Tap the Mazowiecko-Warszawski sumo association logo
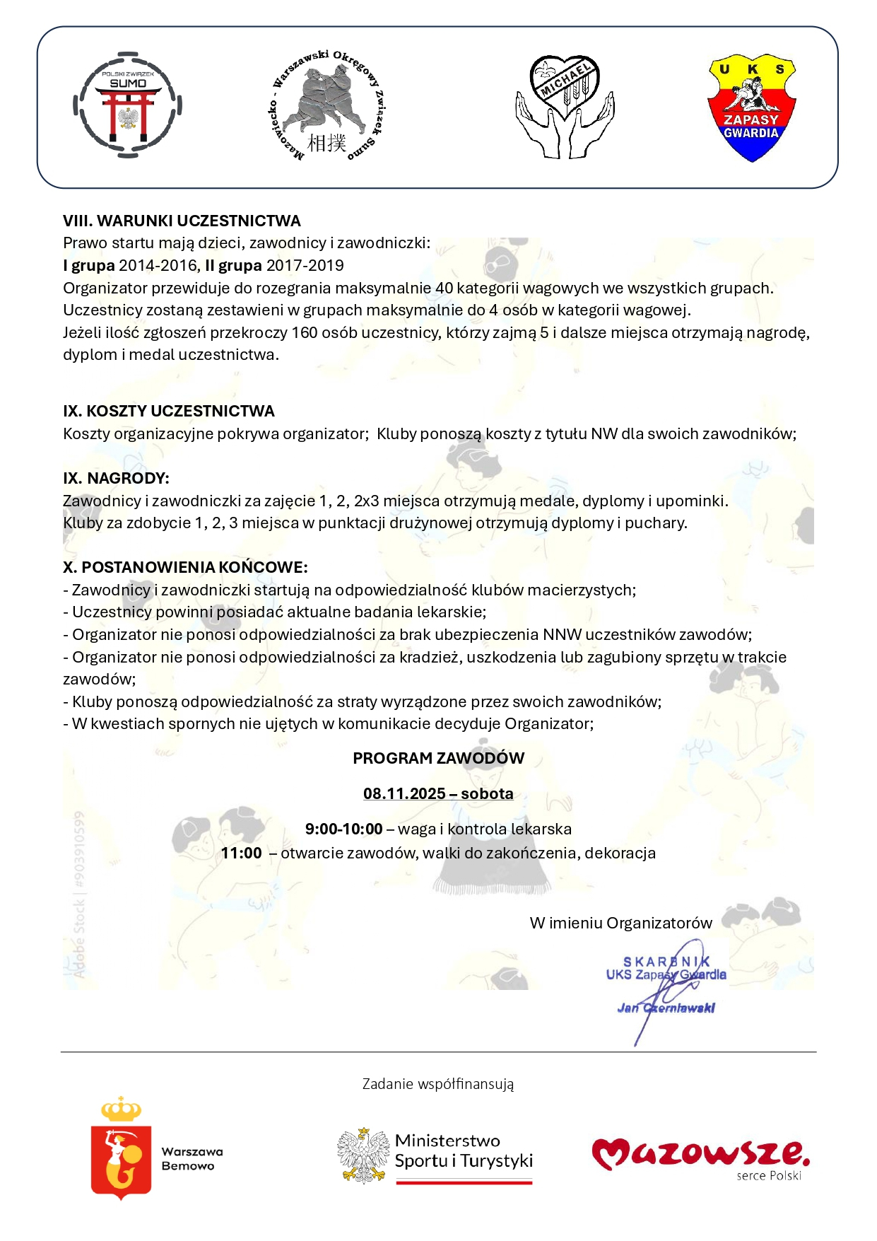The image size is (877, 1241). coord(326,106)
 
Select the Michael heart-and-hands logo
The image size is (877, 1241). coord(565,106)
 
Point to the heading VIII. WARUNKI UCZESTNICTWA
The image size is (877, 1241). coord(182,221)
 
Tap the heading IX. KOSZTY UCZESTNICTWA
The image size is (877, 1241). coord(168,412)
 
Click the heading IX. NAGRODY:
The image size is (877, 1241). coord(116,479)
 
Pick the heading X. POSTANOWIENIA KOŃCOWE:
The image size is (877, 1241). coord(185,568)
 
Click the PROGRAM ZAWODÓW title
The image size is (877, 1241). coord(438,759)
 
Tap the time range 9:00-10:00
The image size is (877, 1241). coord(343,829)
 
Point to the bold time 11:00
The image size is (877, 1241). coord(241,853)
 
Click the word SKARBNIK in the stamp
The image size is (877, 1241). coord(666,962)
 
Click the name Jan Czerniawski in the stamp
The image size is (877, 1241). coord(666,1008)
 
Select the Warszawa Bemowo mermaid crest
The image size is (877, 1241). coord(122,1149)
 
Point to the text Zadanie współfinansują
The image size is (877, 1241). coord(438,1084)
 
